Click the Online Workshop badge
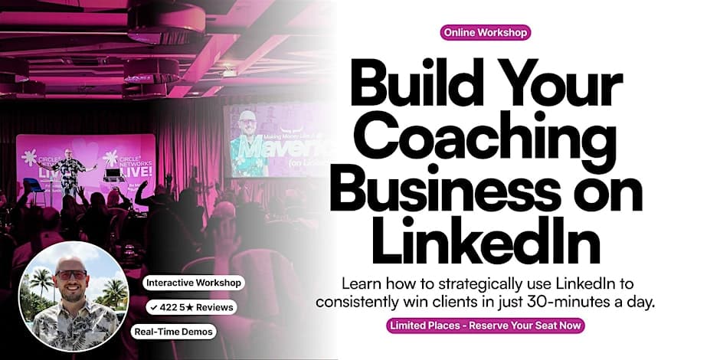click(x=486, y=33)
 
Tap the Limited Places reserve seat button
click(x=486, y=326)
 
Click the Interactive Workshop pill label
click(x=193, y=283)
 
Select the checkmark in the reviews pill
click(x=154, y=308)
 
